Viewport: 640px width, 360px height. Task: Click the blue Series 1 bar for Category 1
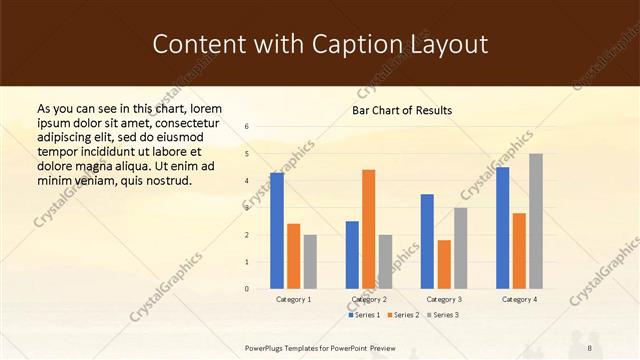pyautogui.click(x=277, y=231)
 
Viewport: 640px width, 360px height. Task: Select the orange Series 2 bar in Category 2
pyautogui.click(x=368, y=229)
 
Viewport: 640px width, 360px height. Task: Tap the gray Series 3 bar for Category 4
pyautogui.click(x=535, y=221)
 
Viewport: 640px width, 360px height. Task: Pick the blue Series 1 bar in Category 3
pyautogui.click(x=427, y=241)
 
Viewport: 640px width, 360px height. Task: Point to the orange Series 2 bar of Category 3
pyautogui.click(x=443, y=264)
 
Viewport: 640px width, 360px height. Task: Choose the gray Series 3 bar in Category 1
pyautogui.click(x=310, y=261)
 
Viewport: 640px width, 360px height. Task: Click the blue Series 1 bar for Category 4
pyautogui.click(x=502, y=228)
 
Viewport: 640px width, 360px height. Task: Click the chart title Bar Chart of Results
pyautogui.click(x=402, y=110)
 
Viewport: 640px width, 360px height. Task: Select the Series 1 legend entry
pyautogui.click(x=365, y=315)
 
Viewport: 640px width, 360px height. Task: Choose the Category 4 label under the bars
pyautogui.click(x=518, y=299)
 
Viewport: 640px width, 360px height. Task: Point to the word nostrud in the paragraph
pyautogui.click(x=168, y=180)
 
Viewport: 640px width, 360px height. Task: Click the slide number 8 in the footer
pyautogui.click(x=590, y=347)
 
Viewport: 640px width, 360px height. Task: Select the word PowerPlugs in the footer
pyautogui.click(x=265, y=347)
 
